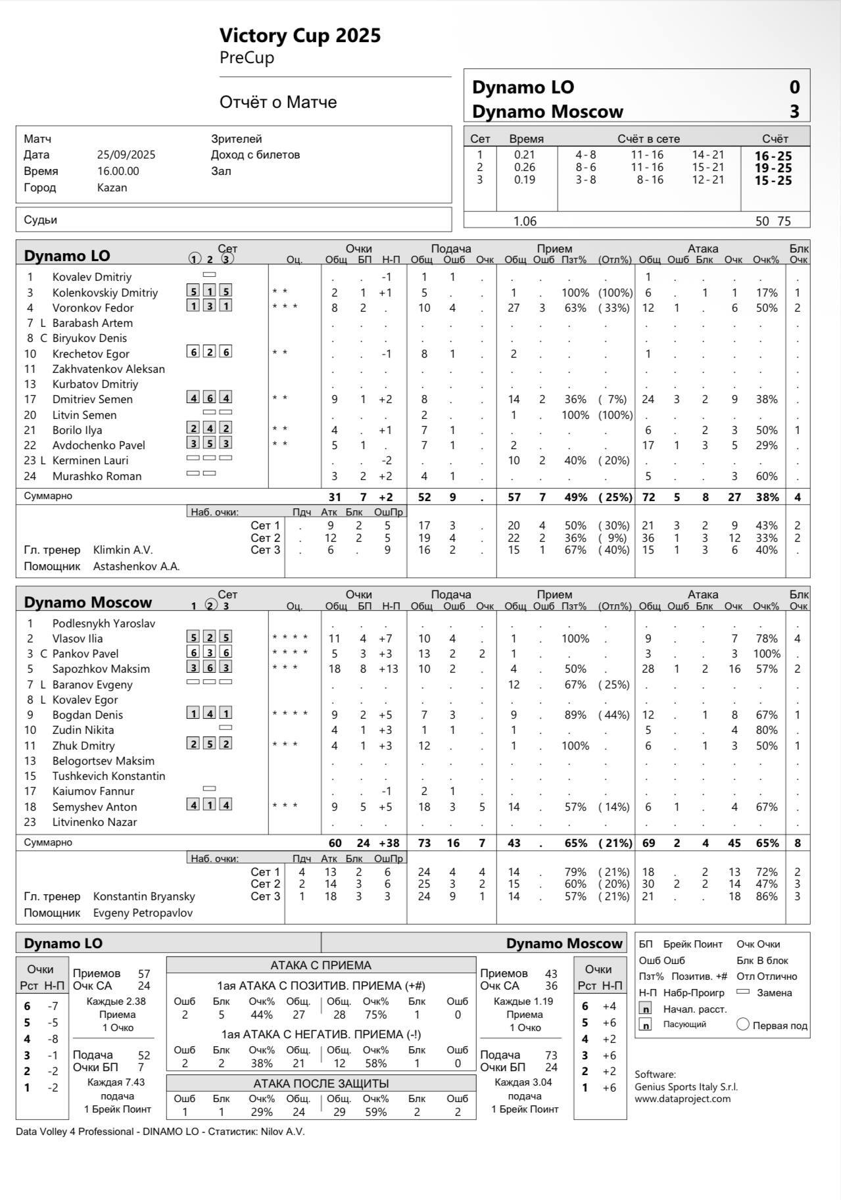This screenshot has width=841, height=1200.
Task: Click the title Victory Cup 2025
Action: [300, 35]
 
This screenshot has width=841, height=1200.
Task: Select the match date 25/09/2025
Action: [126, 155]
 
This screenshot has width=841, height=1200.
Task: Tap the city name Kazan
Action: [112, 187]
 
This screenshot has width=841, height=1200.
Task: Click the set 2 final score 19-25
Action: [773, 168]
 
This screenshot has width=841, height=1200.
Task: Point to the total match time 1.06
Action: [525, 221]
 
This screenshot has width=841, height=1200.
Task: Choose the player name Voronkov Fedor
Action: [93, 308]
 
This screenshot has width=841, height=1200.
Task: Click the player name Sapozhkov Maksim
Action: [101, 669]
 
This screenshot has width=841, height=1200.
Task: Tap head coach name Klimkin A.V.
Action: [123, 550]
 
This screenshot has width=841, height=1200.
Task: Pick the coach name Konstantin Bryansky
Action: [144, 896]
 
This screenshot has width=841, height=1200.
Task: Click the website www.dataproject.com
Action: [682, 1098]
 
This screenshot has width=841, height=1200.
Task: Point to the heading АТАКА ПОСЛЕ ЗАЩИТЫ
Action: [321, 1083]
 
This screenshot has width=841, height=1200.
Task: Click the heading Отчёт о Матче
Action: [278, 102]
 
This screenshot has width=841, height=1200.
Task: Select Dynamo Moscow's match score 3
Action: [794, 111]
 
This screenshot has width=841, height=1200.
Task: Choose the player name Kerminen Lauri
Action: [90, 460]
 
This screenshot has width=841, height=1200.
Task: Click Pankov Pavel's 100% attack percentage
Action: [767, 654]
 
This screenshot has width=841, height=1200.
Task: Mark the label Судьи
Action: [40, 220]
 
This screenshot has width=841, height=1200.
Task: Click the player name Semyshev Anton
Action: [95, 807]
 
